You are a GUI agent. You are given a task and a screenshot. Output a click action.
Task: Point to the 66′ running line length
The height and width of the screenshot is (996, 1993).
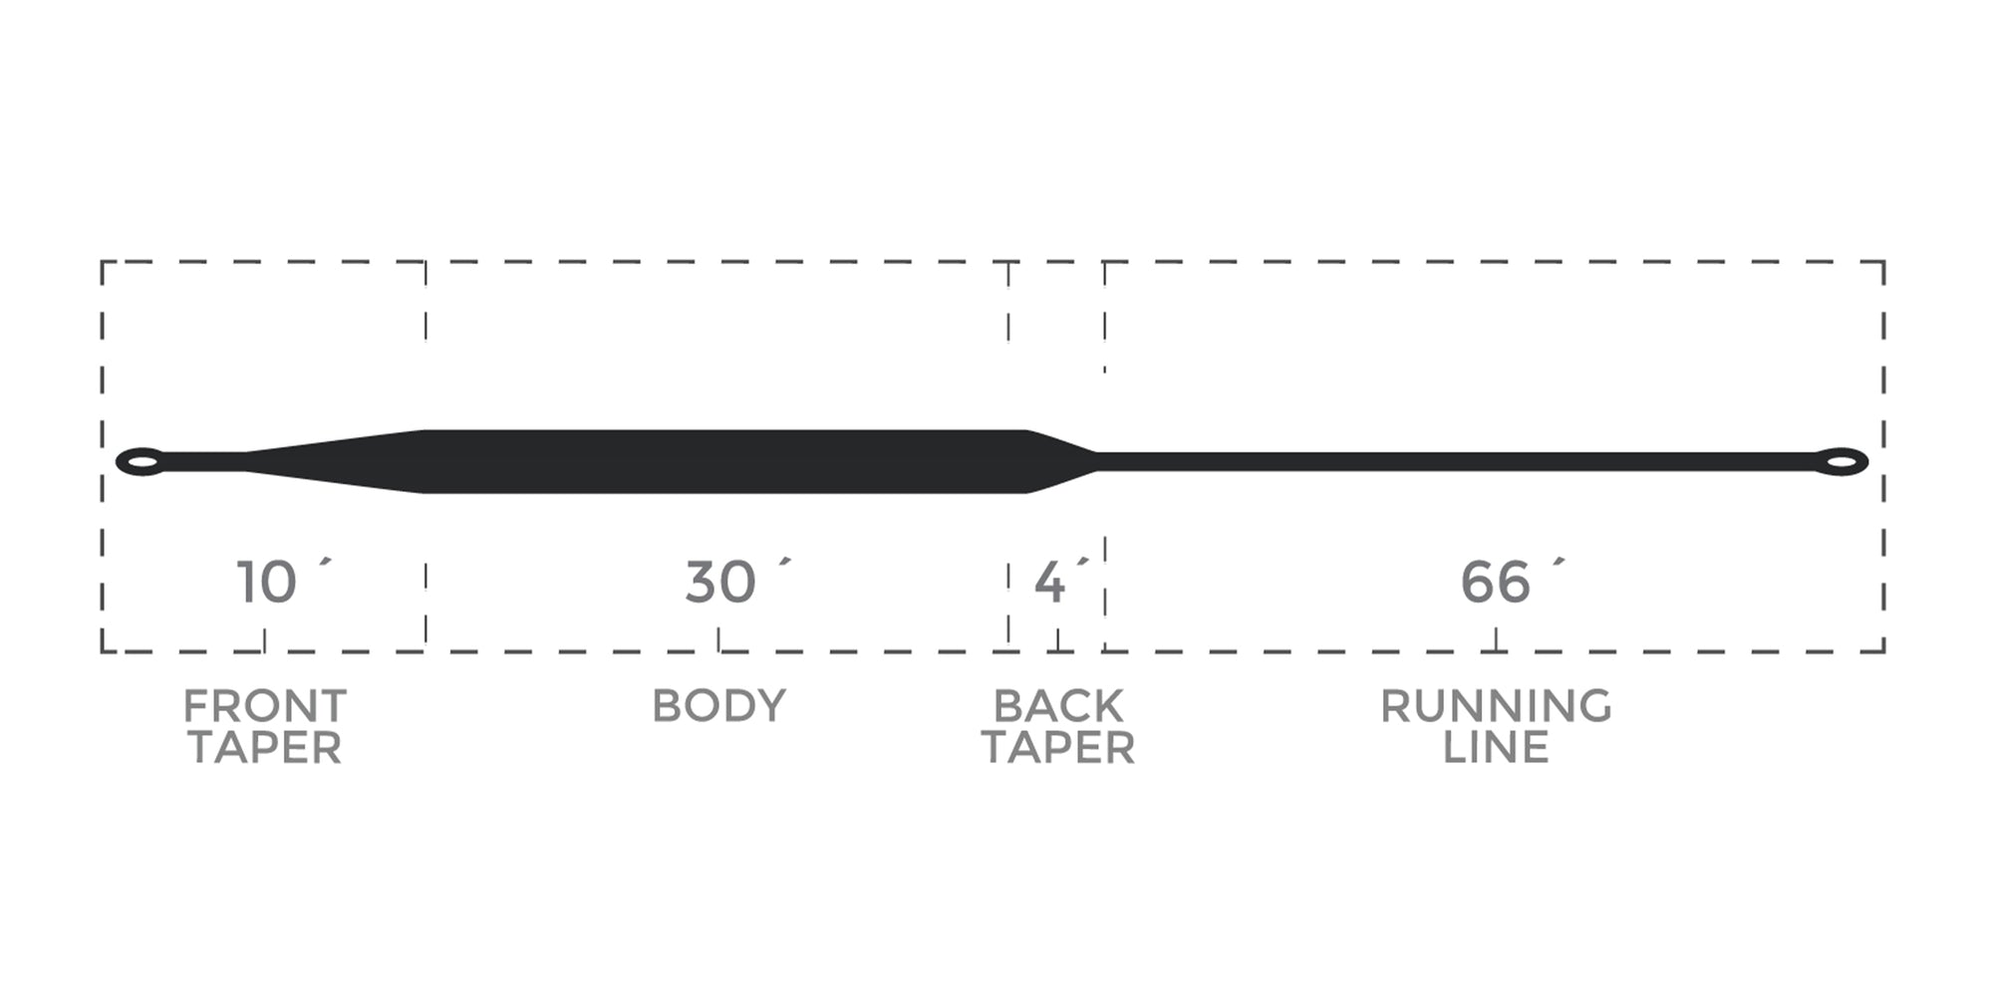click(x=1513, y=583)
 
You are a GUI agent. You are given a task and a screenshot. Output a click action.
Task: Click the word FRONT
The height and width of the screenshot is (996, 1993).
click(x=265, y=706)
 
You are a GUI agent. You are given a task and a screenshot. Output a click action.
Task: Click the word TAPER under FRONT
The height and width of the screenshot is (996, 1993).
click(x=265, y=748)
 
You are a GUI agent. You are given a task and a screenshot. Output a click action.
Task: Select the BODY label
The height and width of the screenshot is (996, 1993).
click(x=718, y=706)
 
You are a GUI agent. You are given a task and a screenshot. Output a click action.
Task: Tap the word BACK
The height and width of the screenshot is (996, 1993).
click(x=1058, y=706)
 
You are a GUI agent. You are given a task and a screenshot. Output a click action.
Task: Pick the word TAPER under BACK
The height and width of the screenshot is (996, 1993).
click(x=1058, y=748)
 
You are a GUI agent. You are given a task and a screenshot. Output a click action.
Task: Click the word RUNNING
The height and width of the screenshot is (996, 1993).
click(x=1496, y=706)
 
